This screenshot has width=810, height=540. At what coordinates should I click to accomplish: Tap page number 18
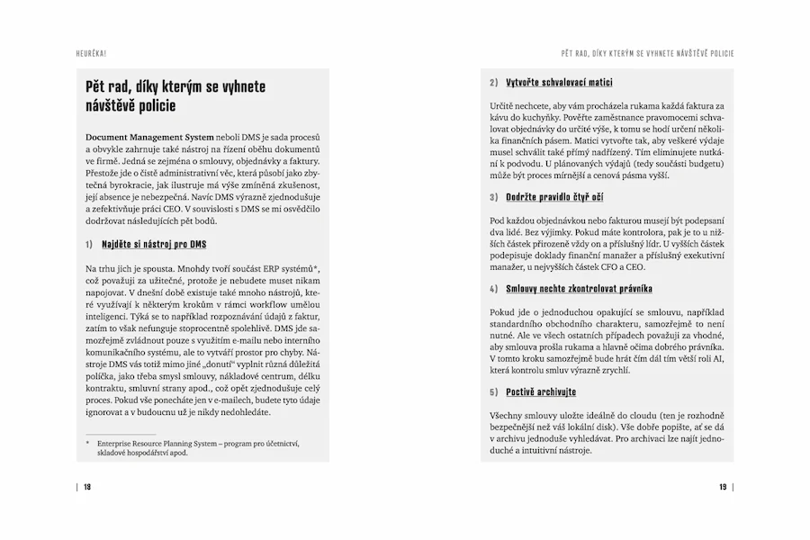[87, 487]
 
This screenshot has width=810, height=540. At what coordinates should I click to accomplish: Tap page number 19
[723, 487]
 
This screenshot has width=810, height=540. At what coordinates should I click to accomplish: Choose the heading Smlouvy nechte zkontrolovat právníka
[579, 289]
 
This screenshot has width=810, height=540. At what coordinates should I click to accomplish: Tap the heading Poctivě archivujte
[541, 392]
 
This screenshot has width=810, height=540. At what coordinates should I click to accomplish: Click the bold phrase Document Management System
[149, 135]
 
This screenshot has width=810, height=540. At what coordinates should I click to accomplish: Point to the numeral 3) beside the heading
[494, 196]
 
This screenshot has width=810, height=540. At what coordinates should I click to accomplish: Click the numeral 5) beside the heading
[494, 392]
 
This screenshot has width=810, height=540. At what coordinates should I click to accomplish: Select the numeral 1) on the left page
[89, 244]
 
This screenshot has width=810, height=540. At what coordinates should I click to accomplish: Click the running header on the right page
[647, 53]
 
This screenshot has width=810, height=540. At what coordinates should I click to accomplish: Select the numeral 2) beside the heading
[494, 82]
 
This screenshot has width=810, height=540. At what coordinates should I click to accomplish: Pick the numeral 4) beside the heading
[494, 289]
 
